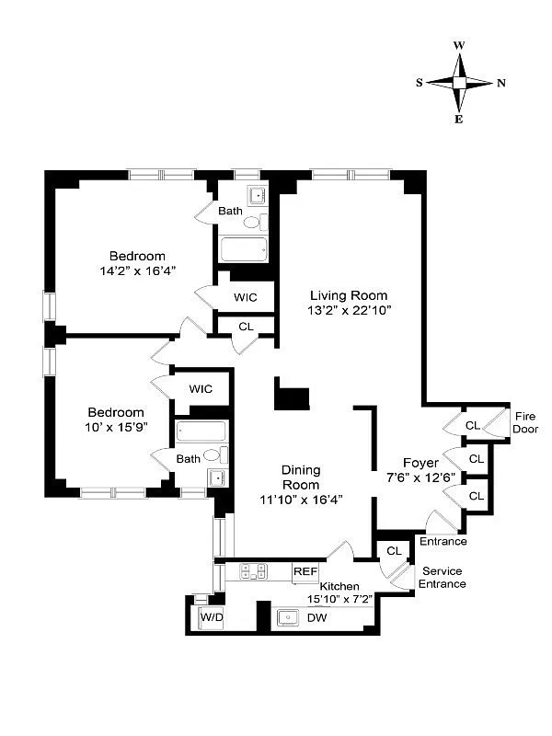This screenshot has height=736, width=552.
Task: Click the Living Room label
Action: [x=348, y=295]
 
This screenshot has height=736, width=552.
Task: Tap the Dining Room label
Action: [x=301, y=477]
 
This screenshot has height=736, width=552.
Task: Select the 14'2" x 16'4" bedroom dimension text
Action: [x=137, y=270]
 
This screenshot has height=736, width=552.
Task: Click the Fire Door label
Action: [x=525, y=422]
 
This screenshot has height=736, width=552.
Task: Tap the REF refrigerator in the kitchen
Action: [x=305, y=571]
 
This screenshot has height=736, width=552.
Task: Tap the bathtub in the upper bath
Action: [x=244, y=248]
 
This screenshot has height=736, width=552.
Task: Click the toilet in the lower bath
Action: [x=213, y=455]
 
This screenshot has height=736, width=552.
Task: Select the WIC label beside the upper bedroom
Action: [x=246, y=297]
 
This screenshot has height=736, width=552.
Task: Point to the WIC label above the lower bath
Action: [x=201, y=388]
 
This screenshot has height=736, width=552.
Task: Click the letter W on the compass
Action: [x=459, y=45]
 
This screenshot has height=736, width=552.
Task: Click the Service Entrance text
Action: [x=442, y=578]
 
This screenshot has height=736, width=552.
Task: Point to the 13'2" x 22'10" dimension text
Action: [x=350, y=310]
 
